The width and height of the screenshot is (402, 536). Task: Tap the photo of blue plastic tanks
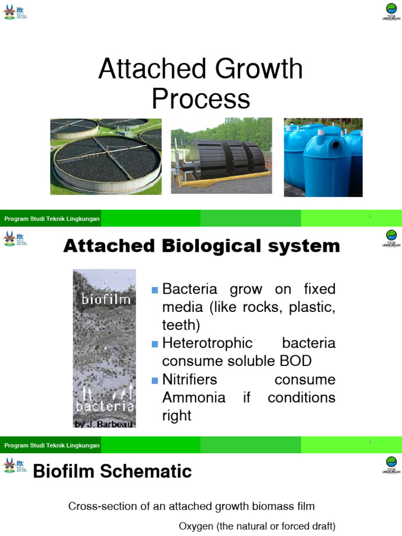[323, 157]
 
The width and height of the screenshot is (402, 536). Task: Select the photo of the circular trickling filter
[106, 157]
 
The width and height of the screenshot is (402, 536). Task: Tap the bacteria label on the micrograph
[105, 406]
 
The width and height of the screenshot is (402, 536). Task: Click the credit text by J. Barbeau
[104, 424]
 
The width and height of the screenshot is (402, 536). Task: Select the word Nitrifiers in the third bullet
[189, 379]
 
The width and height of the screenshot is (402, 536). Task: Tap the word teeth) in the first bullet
[181, 326]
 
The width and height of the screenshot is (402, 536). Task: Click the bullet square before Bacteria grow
[154, 290]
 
